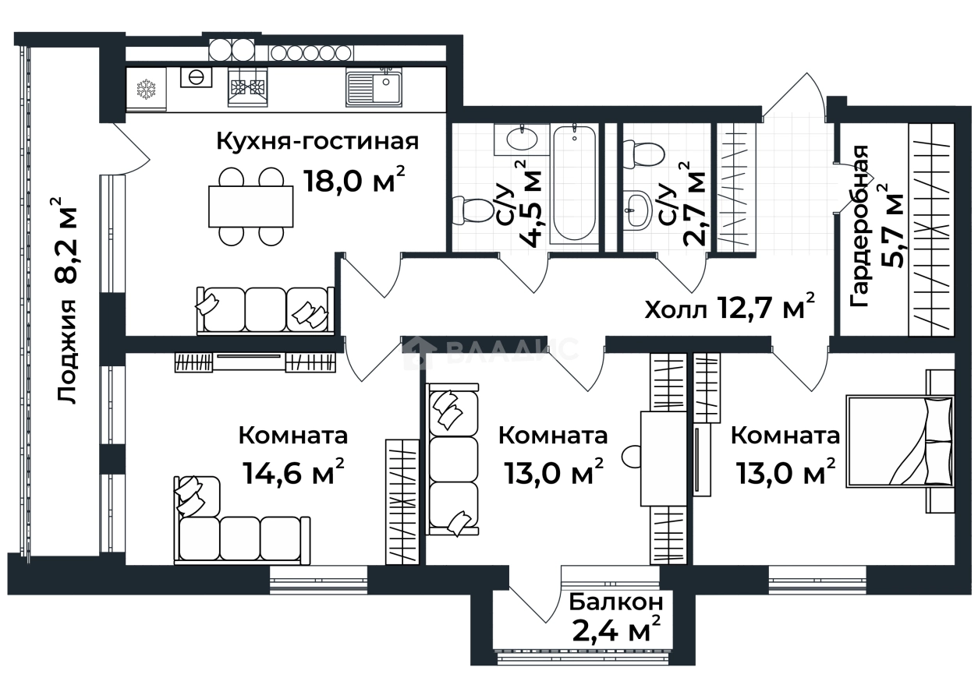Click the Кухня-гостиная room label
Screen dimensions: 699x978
point(317,142)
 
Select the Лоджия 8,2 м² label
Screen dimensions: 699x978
point(69,300)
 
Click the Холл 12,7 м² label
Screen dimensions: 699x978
point(730,309)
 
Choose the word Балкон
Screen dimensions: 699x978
point(616,602)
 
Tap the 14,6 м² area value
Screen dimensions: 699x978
point(292,471)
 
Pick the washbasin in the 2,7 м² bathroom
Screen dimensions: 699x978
point(637,210)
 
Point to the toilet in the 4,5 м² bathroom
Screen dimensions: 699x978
point(474,211)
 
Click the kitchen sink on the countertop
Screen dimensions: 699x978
point(374,88)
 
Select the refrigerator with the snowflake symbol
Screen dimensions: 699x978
point(147,90)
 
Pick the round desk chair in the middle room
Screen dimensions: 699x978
point(631,454)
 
